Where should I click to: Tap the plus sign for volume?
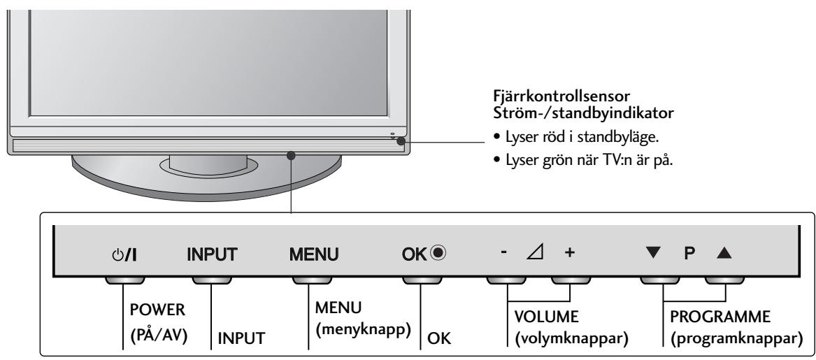pos(568,252)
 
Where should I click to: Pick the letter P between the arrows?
pos(687,252)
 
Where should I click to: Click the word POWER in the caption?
pos(131,311)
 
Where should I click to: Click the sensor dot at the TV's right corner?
pos(399,141)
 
